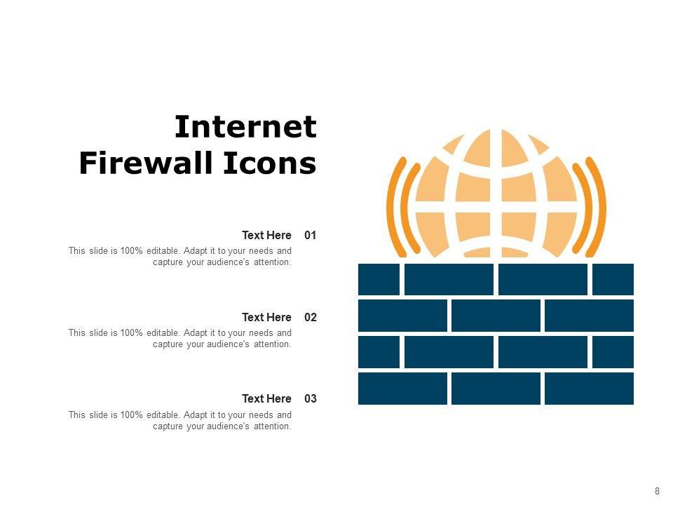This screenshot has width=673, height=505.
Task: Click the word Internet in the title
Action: [245, 127]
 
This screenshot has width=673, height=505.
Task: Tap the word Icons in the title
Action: [270, 163]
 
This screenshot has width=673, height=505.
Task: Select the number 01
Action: [311, 236]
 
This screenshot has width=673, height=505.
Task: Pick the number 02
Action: [311, 317]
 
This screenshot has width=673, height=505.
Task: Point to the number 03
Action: [311, 398]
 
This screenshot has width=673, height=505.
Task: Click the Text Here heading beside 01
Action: [266, 236]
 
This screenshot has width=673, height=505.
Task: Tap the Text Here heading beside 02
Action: [266, 317]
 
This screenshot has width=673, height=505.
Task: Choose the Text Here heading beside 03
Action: [266, 398]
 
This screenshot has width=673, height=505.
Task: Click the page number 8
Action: [657, 491]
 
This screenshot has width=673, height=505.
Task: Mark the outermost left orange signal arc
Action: [395, 207]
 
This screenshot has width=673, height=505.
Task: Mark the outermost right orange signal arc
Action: [597, 207]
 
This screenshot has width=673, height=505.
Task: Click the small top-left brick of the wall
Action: [379, 279]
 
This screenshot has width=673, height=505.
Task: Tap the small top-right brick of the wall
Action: [613, 279]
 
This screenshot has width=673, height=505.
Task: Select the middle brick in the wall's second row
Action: [496, 316]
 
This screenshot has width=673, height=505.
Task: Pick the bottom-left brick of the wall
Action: [402, 389]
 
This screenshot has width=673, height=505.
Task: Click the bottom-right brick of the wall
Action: [589, 389]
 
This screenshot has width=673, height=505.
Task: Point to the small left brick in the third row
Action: [379, 352]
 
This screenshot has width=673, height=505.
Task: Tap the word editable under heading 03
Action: [164, 415]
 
